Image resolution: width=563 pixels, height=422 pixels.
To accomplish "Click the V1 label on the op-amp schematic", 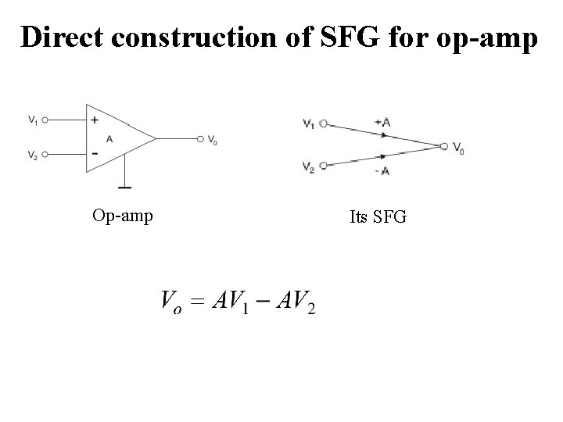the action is point(33,120).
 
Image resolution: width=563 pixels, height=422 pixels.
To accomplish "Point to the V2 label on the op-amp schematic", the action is point(33,156).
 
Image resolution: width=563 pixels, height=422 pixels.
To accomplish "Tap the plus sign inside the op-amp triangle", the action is point(95,120).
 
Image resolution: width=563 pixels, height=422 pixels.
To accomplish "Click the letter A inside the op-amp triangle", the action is point(109,138).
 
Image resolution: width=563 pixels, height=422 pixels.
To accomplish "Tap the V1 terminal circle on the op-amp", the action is point(46,120).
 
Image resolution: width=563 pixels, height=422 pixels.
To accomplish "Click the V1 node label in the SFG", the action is point(308,123).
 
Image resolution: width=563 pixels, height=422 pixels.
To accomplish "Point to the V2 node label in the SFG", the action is point(308,166).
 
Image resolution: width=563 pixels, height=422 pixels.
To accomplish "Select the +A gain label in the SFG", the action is point(384,121).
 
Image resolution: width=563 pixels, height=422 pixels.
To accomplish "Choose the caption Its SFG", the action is point(378,216).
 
